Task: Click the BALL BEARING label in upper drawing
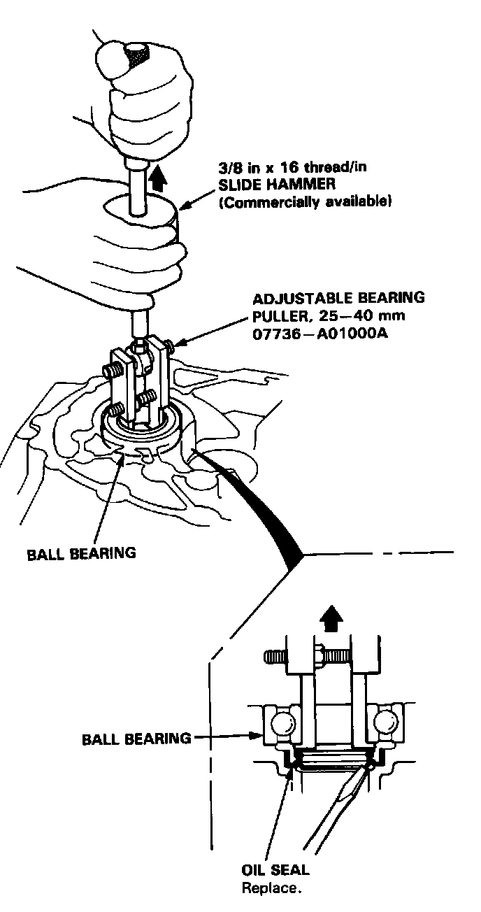pyautogui.click(x=81, y=554)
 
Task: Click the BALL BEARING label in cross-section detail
pyautogui.click(x=137, y=737)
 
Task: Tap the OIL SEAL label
pyautogui.click(x=275, y=871)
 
